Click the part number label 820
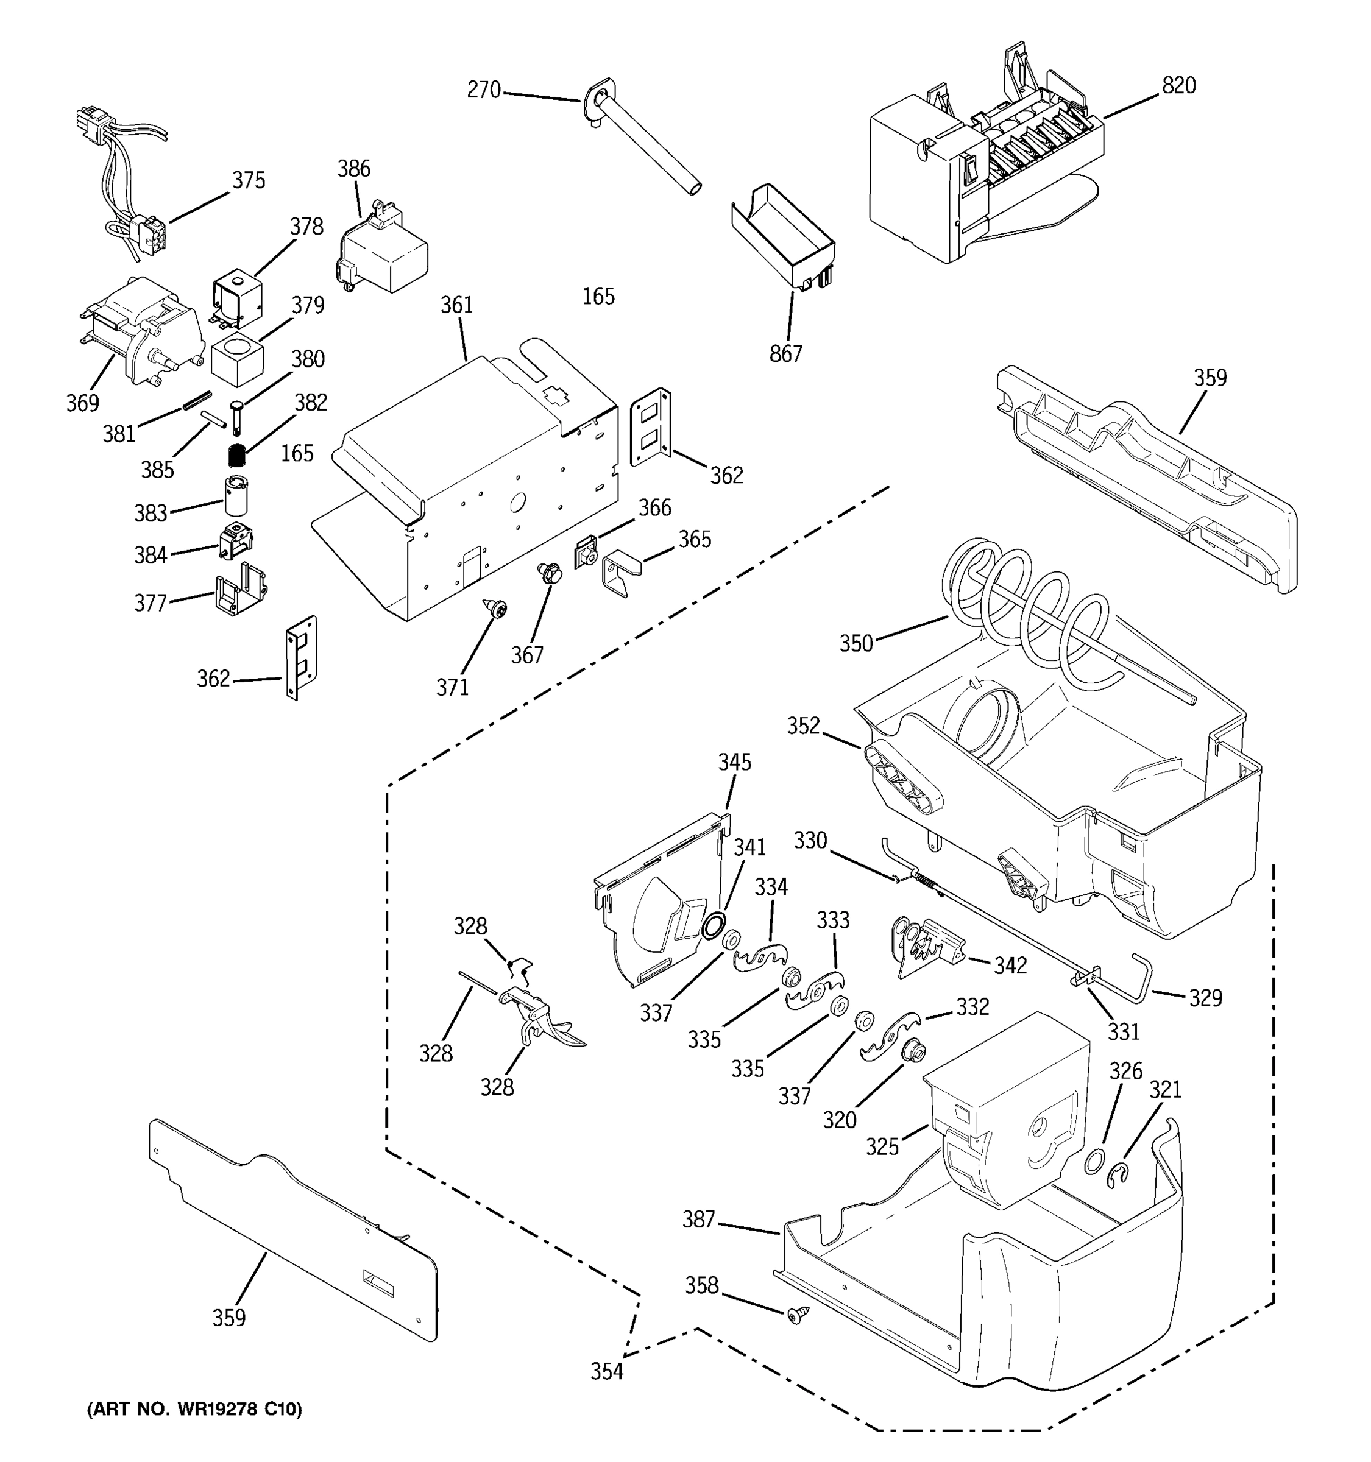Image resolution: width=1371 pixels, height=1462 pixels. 1178,86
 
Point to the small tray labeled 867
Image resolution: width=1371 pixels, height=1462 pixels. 784,235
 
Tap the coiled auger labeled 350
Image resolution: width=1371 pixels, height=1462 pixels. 1030,610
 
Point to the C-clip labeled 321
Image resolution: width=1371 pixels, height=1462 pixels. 1119,1175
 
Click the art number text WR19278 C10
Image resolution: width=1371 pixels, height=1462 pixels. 194,1410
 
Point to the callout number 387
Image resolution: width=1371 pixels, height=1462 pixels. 698,1220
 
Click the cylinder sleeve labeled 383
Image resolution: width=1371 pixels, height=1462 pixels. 236,495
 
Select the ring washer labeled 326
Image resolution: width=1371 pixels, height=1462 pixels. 1094,1161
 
